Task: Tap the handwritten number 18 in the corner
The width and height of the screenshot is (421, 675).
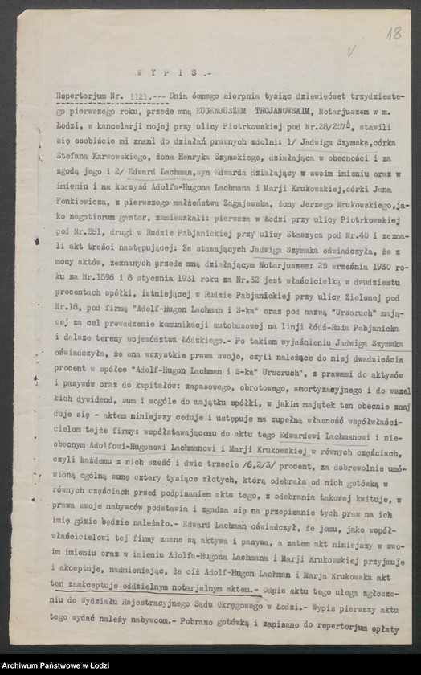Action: click(394, 33)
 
